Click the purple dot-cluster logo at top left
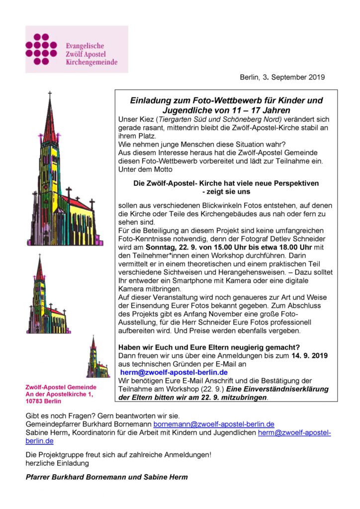click(41, 49)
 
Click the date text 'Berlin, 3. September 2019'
click(282, 77)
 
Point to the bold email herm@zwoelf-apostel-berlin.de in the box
click(174, 372)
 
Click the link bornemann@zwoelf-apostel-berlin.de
click(214, 424)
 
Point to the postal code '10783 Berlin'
click(46, 401)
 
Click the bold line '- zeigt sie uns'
click(226, 191)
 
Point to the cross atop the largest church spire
click(49, 94)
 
